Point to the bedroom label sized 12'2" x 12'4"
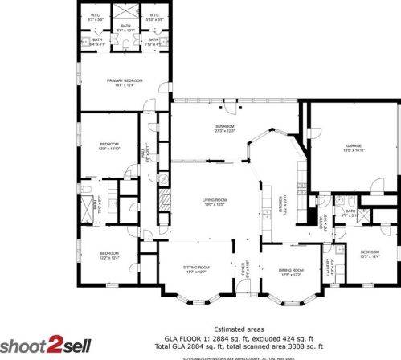[x=109, y=256]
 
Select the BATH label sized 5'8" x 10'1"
[x=125, y=28]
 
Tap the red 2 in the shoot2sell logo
[x=55, y=345]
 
